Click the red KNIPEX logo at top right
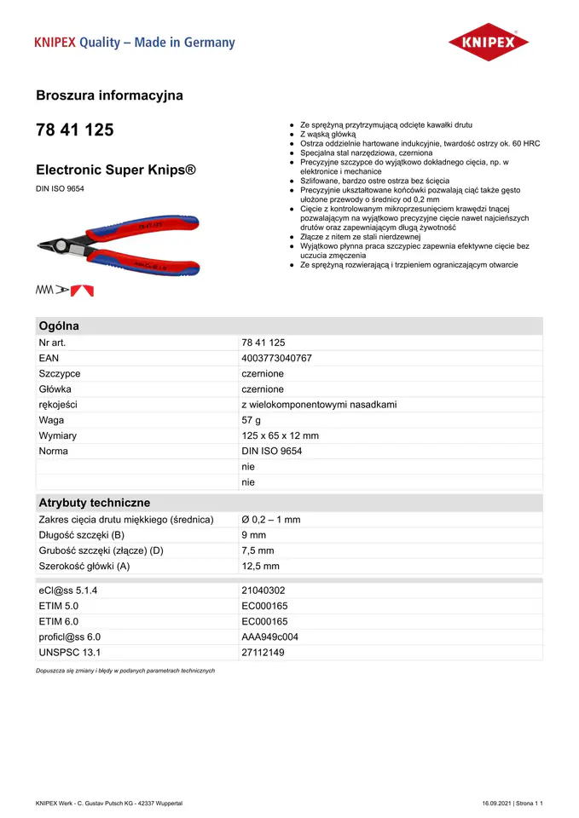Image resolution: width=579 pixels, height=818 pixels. pyautogui.click(x=489, y=42)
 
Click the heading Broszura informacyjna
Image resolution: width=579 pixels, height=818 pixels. pyautogui.click(x=109, y=95)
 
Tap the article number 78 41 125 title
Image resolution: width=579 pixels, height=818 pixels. pyautogui.click(x=74, y=130)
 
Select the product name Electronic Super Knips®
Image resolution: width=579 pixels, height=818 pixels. pyautogui.click(x=117, y=170)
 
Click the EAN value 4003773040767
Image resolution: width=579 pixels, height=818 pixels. pyautogui.click(x=277, y=358)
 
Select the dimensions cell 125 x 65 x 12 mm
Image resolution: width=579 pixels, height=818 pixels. pyautogui.click(x=280, y=435)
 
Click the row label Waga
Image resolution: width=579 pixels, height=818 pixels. pyautogui.click(x=52, y=420)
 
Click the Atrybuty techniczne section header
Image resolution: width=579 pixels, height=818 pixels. pyautogui.click(x=95, y=503)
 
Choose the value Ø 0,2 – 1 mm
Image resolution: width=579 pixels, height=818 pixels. pyautogui.click(x=271, y=520)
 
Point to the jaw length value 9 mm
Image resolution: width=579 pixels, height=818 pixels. pyautogui.click(x=254, y=535)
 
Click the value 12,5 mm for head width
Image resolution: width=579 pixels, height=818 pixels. pyautogui.click(x=260, y=566)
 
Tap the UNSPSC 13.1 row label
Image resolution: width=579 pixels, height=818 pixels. pyautogui.click(x=70, y=652)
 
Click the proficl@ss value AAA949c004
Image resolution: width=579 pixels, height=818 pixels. pyautogui.click(x=270, y=637)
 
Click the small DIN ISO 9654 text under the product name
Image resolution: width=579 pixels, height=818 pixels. pyautogui.click(x=60, y=188)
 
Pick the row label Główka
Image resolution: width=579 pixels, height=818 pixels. pyautogui.click(x=55, y=389)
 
